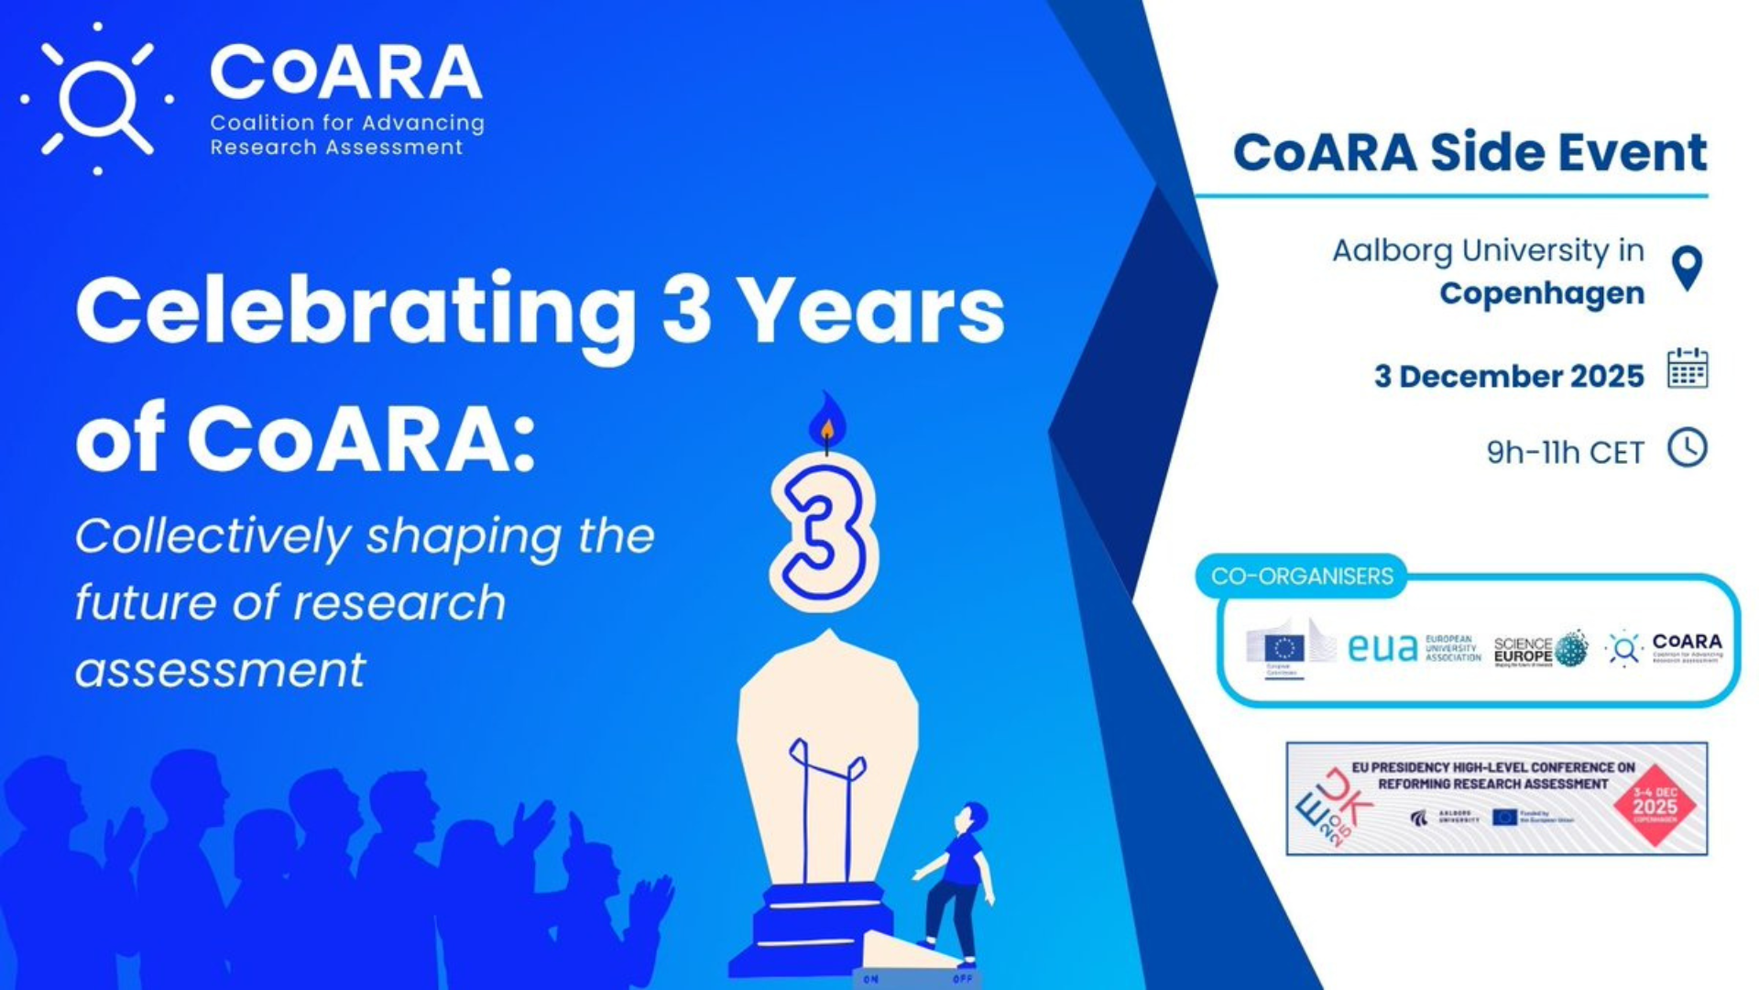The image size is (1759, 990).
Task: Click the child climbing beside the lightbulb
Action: click(957, 880)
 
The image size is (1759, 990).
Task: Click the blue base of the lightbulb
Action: click(818, 926)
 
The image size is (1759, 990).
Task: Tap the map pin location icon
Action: click(1687, 268)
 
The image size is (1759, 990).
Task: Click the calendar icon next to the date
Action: click(1687, 368)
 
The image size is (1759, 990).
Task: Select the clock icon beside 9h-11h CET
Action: click(1687, 448)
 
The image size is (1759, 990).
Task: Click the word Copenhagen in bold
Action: click(1542, 293)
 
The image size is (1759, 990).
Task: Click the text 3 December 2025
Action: click(1509, 376)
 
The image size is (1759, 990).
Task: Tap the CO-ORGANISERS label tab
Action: click(1301, 576)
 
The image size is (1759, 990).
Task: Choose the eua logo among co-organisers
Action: click(1383, 647)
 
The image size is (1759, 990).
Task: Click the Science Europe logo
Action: click(1540, 649)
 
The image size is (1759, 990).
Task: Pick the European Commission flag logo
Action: click(1284, 647)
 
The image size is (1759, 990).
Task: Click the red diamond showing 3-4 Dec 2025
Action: click(1655, 805)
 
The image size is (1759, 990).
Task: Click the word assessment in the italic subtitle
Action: click(220, 670)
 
